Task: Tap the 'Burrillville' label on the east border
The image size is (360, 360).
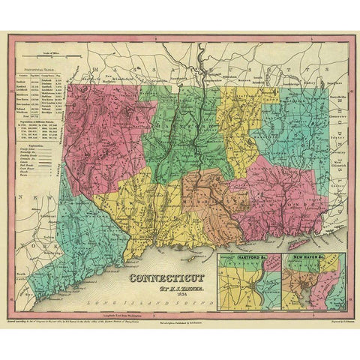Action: coord(321,96)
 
